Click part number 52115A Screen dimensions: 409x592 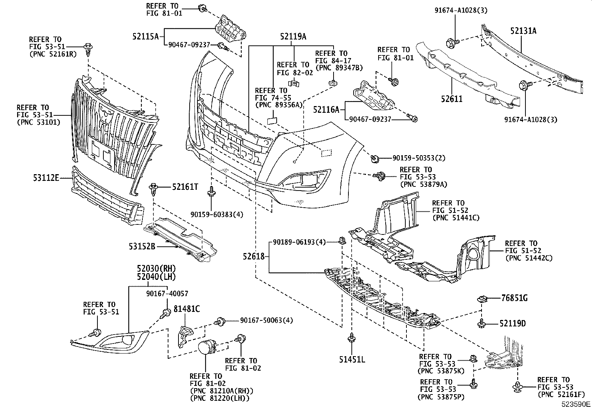tap(145, 36)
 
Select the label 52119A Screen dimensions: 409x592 tap(293, 36)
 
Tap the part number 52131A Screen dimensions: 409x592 tap(523, 31)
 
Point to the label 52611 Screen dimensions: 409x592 tap(451, 99)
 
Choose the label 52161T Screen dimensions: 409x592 tap(185, 186)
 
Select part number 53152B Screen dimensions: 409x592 tap(142, 246)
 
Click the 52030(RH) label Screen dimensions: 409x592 tap(156, 269)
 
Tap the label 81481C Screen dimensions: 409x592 tap(187, 309)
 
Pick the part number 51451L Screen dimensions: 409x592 tap(352, 360)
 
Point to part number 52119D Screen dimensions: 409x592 tap(512, 324)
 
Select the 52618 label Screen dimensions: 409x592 tap(254, 256)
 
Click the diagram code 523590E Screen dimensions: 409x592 tap(576, 404)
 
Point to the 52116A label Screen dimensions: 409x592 tap(326, 110)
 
